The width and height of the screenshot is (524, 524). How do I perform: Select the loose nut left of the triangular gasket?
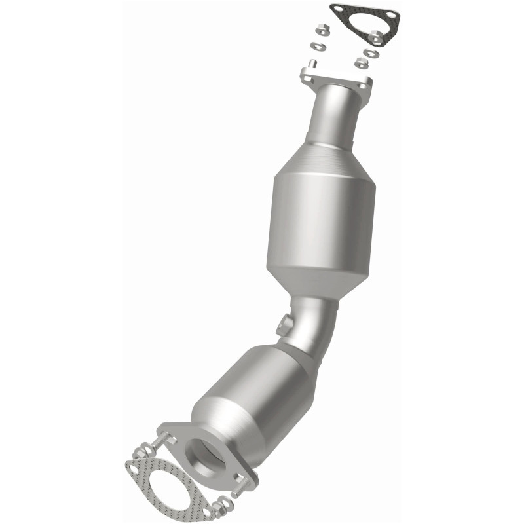click(322, 30)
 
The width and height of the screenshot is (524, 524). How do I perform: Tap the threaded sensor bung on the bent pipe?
click(284, 322)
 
